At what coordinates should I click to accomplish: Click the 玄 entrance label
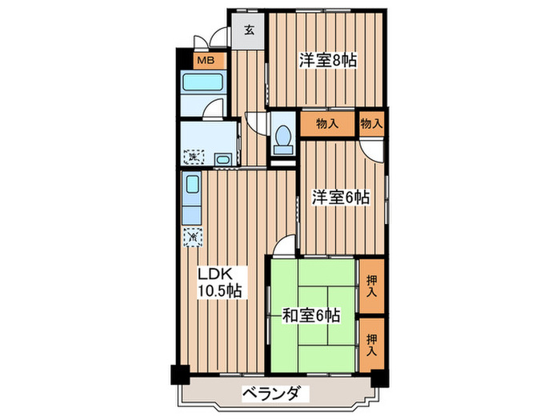tap(249, 32)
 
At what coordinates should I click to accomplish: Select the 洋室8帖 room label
tap(328, 61)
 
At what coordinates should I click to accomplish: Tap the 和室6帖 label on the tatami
tap(311, 316)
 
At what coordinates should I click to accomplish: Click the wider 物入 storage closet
tap(328, 124)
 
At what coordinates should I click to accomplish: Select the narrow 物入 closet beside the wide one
tap(371, 124)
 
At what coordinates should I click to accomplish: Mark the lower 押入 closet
tap(371, 344)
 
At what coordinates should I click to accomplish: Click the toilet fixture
tap(282, 139)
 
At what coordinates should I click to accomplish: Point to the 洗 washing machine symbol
tap(193, 158)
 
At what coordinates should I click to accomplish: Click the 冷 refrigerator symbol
tap(193, 237)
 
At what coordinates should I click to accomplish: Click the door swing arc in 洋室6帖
tap(370, 150)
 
